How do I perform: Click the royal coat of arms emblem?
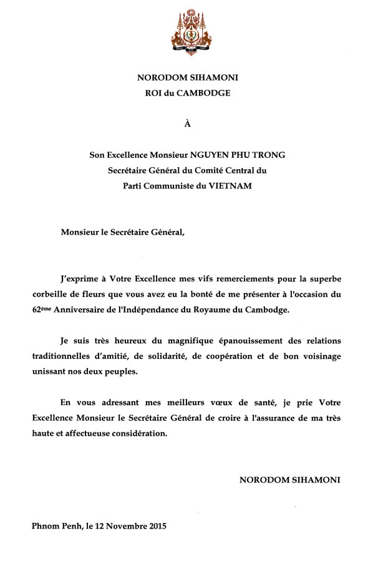[x=187, y=32]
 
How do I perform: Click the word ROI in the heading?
[x=153, y=93]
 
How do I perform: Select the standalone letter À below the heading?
[x=188, y=124]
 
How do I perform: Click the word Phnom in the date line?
[x=46, y=525]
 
